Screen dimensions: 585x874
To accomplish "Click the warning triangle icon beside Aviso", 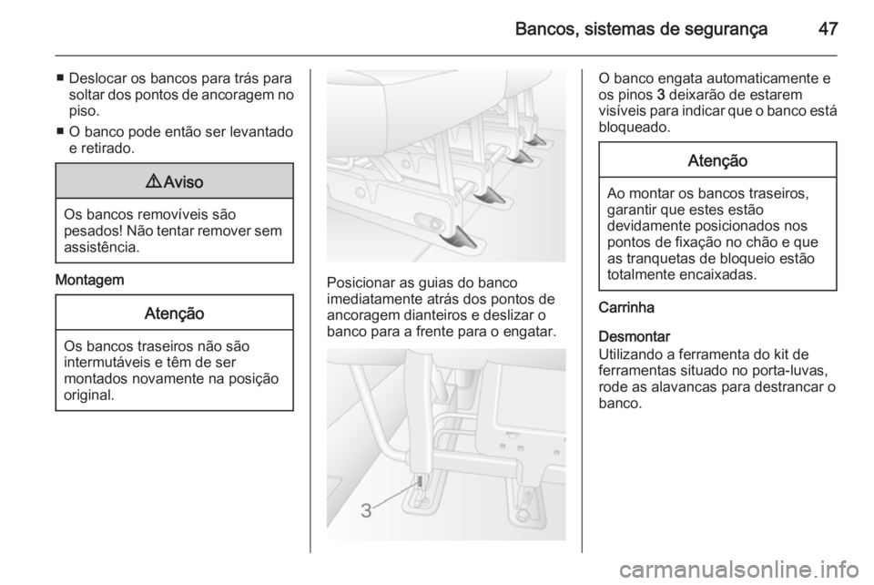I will [152, 181].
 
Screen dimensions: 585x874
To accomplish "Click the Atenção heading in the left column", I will [174, 313].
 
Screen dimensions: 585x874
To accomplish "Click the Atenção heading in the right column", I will [717, 160].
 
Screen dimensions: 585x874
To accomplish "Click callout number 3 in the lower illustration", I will [365, 511].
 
